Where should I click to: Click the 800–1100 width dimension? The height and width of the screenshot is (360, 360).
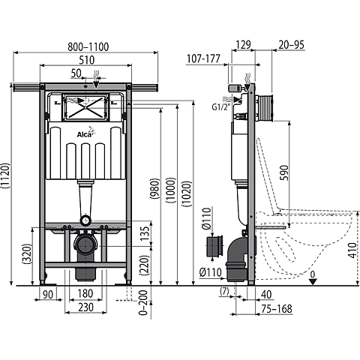86,46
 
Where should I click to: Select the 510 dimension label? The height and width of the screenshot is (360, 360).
86,62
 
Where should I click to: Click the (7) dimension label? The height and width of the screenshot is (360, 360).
224,291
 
